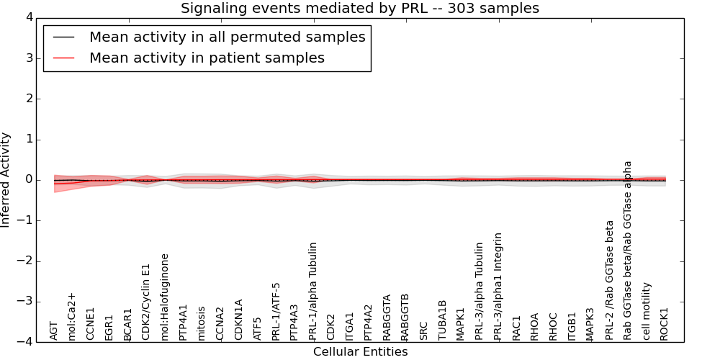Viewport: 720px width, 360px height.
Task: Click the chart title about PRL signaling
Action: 359,9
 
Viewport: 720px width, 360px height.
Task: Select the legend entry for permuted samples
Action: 227,37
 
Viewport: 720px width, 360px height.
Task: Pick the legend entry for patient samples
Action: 207,58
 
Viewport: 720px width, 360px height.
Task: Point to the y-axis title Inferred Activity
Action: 6,180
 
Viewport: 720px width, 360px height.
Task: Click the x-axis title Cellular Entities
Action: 360,352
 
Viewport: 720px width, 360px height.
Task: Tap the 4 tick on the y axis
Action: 29,17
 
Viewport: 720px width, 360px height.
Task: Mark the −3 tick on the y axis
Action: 26,302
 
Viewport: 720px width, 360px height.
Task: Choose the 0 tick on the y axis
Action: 29,180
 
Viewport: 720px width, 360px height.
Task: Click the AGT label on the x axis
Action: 54,330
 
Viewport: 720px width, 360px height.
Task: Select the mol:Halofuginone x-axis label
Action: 165,297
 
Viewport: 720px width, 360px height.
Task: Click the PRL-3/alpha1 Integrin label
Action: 498,287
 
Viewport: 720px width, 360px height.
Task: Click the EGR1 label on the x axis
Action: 109,327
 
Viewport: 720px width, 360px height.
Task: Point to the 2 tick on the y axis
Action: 29,99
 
